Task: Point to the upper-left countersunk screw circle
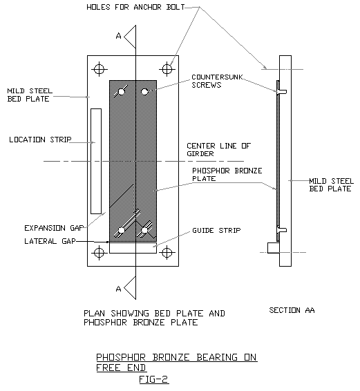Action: pos(122,91)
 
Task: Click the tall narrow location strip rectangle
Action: pos(96,160)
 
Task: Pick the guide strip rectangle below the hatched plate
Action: pos(133,247)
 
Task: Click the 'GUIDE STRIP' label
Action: pos(216,230)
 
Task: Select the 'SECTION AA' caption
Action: pos(292,311)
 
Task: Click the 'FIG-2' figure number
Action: pos(153,379)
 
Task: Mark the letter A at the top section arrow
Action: pos(120,35)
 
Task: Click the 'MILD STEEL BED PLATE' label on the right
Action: pos(324,184)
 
